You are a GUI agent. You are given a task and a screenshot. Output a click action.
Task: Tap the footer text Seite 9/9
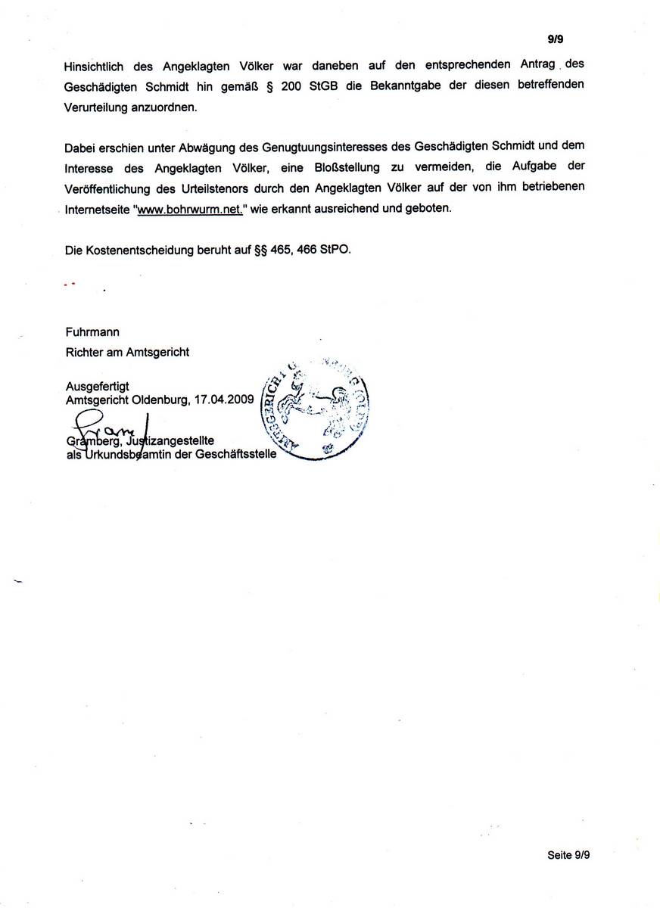point(568,855)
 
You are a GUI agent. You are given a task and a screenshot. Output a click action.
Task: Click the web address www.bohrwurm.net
point(188,209)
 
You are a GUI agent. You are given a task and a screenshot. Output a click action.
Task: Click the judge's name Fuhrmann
point(92,331)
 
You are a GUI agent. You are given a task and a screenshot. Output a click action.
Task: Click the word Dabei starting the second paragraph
point(79,145)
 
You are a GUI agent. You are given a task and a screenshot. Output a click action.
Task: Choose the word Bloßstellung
point(345,166)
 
